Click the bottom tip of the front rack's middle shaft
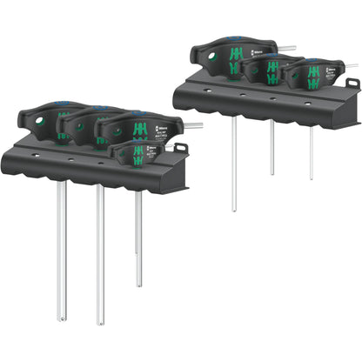click(x=100, y=320)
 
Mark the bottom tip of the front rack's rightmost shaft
click(x=138, y=284)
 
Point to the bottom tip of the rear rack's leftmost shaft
click(x=233, y=211)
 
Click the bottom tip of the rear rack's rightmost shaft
click(x=311, y=178)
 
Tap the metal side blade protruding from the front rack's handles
click(x=192, y=125)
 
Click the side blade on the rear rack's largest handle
click(x=287, y=49)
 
